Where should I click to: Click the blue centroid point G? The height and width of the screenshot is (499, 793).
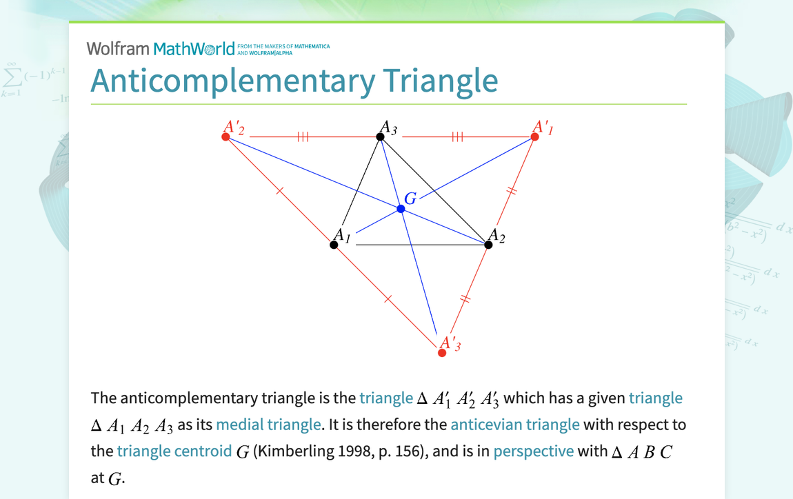click(x=401, y=208)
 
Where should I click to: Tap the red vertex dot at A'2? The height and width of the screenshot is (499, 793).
click(x=225, y=137)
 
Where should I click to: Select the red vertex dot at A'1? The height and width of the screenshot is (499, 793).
click(x=534, y=137)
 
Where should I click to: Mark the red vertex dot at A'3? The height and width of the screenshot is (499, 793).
click(x=442, y=353)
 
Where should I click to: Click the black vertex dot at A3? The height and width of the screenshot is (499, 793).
click(x=380, y=137)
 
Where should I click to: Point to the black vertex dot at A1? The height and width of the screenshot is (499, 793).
click(x=334, y=245)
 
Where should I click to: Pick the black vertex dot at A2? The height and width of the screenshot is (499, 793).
click(x=489, y=245)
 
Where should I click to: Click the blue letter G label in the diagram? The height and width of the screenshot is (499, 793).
click(x=410, y=199)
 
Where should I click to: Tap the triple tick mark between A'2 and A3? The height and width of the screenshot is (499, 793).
click(x=303, y=137)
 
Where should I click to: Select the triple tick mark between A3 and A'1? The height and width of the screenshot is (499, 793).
click(x=457, y=137)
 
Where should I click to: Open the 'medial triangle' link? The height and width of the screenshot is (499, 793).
click(x=268, y=425)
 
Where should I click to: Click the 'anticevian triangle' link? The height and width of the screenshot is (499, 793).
click(x=514, y=425)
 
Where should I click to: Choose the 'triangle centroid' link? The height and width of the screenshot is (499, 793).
click(x=174, y=451)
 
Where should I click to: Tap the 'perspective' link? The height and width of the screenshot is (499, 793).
click(x=533, y=451)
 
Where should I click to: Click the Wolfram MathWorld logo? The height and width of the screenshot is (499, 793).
click(x=161, y=48)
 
